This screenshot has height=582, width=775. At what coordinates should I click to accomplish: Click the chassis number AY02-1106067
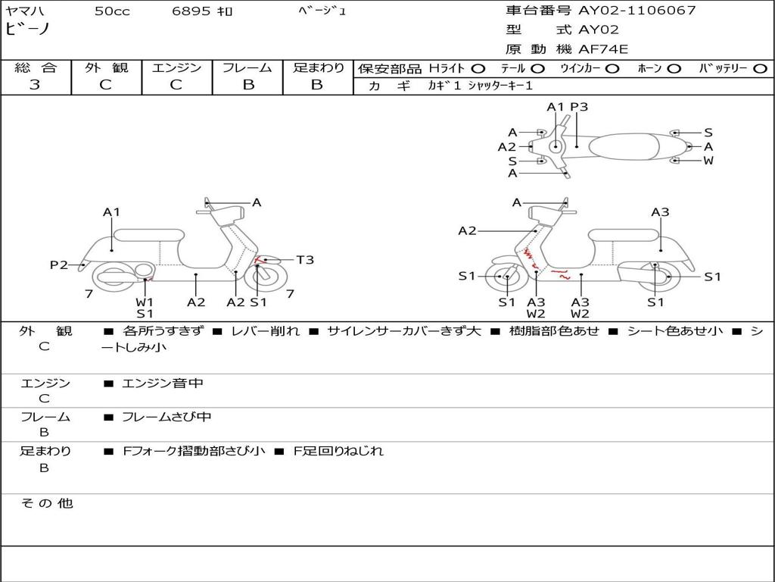(x=636, y=11)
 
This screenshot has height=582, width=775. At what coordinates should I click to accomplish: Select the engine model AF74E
(x=603, y=49)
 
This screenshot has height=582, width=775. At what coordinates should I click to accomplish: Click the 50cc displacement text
(x=112, y=11)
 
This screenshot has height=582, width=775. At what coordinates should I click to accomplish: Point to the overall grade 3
(x=35, y=85)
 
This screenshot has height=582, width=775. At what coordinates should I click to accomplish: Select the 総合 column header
(x=35, y=68)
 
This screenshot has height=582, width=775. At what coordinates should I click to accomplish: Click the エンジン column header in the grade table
(x=176, y=68)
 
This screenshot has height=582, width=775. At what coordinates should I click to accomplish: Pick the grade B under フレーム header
(x=247, y=85)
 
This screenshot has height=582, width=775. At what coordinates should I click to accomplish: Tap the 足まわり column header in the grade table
(x=318, y=68)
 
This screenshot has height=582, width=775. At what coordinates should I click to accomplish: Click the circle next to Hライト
(x=478, y=69)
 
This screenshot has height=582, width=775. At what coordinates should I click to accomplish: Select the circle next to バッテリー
(x=760, y=69)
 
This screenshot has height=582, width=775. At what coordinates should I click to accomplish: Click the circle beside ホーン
(x=674, y=69)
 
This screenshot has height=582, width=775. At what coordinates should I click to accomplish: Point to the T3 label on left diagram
(x=304, y=260)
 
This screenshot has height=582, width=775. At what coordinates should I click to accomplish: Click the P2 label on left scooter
(x=59, y=264)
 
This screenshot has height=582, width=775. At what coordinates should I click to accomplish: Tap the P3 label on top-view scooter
(x=579, y=107)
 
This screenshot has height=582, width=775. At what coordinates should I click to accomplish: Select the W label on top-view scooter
(x=708, y=161)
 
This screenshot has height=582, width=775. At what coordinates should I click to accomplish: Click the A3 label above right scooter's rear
(x=660, y=212)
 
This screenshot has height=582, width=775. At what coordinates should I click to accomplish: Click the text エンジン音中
(x=163, y=383)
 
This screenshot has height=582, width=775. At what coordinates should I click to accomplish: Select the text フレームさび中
(x=167, y=417)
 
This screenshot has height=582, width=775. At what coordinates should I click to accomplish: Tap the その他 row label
(x=46, y=503)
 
